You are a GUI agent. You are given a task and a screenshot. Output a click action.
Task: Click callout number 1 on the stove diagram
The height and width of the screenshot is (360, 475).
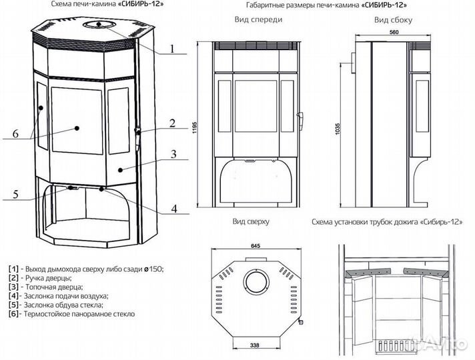coord(171,48)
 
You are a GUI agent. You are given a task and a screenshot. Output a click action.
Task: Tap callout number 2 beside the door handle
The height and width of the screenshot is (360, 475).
coord(171,123)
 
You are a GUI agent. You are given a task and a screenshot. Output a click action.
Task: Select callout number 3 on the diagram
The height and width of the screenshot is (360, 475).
coord(172,155)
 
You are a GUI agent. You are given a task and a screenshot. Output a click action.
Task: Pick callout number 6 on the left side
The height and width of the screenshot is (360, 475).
coord(15,133)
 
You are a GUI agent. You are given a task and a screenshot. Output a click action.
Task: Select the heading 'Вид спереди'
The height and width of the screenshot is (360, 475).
coord(258,19)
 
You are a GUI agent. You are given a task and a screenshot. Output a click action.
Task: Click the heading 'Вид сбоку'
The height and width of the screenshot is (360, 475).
coord(394,19)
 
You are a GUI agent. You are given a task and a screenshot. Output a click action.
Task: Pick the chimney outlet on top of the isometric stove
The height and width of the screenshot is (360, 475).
coord(98,26)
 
